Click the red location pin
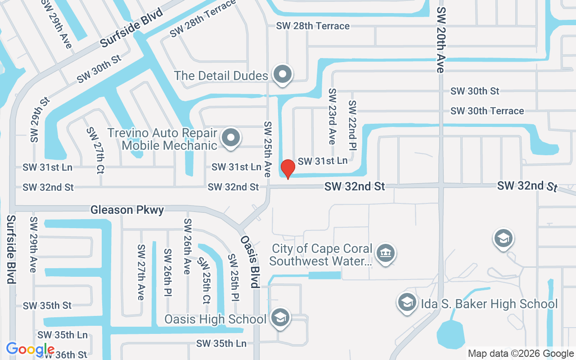coord(288,169)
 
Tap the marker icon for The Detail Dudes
coord(283,75)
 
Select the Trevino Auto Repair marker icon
coord(231,138)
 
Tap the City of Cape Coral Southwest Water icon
coord(385,253)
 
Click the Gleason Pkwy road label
coord(127,210)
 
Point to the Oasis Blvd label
coord(250,261)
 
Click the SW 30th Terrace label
coord(487,111)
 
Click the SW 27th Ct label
coord(96,150)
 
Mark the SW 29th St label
coord(40,119)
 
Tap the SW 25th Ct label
coord(204,280)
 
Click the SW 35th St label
coord(47,306)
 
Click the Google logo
coord(30,349)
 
